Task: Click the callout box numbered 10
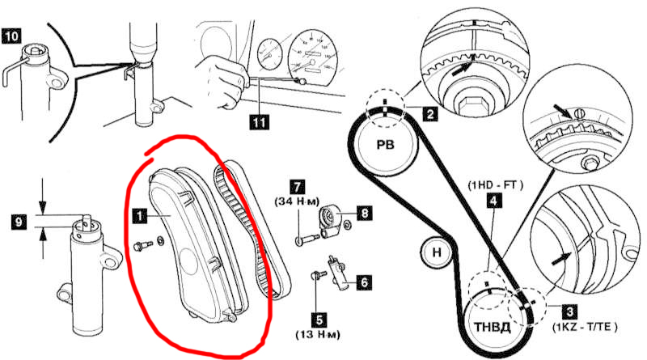coord(11,36)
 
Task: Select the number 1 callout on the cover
coord(139,216)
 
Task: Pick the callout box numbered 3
coord(569,309)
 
